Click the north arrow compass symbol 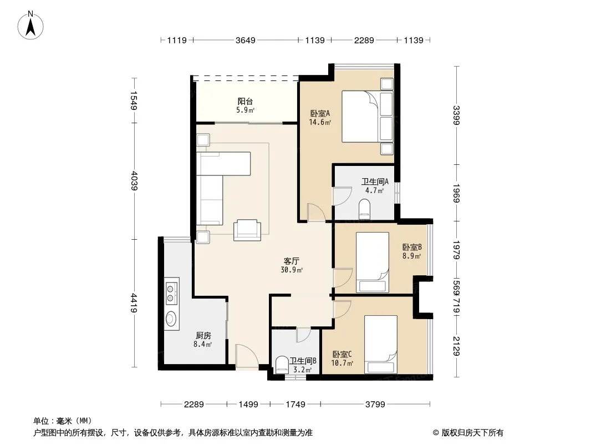coord(30,26)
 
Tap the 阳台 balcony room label coord(245,101)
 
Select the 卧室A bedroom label coord(320,113)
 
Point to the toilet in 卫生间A coord(364,209)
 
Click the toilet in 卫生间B coord(282,365)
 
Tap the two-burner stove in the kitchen coord(171,291)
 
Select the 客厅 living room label coord(292,261)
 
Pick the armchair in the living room coord(247,230)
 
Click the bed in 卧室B coord(373,262)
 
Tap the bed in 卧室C coord(381,345)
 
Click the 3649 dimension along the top coord(246,40)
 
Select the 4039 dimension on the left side coord(134,181)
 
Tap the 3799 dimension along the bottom coord(375,405)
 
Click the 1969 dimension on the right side coord(456,193)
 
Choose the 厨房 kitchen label coord(203,335)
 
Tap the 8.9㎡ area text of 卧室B coord(411,256)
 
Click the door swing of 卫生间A coord(342,196)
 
